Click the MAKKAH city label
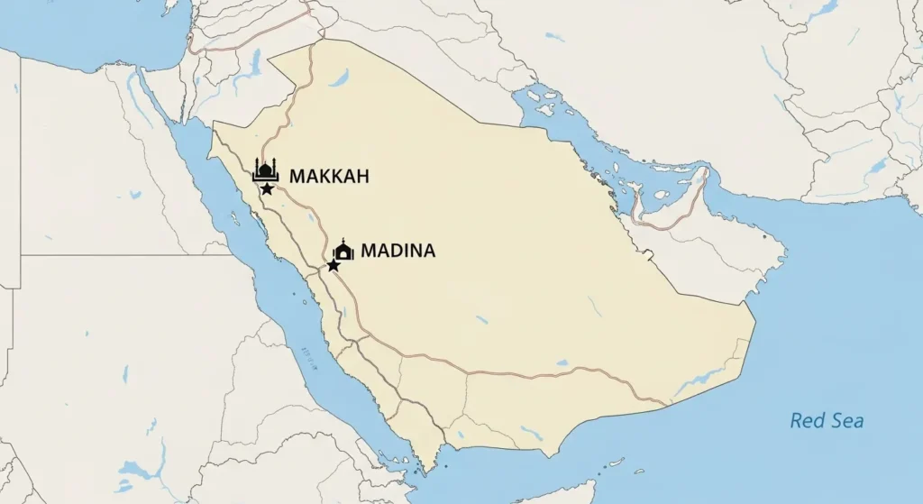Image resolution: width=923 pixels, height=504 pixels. click(x=329, y=177)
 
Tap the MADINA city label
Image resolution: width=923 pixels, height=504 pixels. click(x=398, y=252)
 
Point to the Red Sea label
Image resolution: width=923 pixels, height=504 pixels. click(x=827, y=421)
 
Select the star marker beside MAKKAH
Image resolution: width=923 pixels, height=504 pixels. click(x=268, y=188)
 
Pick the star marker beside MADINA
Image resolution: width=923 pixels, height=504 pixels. click(x=334, y=266)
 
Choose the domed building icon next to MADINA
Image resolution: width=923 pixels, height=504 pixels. click(x=343, y=251)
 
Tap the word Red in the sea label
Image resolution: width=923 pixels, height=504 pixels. click(x=807, y=421)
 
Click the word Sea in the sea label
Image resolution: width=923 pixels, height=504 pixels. click(x=847, y=421)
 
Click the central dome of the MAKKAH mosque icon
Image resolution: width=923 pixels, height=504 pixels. click(x=266, y=169)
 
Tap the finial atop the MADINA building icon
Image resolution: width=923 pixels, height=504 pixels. click(x=343, y=241)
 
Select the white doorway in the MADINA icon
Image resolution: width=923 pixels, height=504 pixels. click(x=343, y=254)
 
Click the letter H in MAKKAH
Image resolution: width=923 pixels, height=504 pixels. click(x=362, y=177)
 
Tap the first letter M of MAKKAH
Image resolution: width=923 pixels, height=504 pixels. click(x=297, y=177)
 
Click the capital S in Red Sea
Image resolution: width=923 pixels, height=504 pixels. click(x=836, y=421)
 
